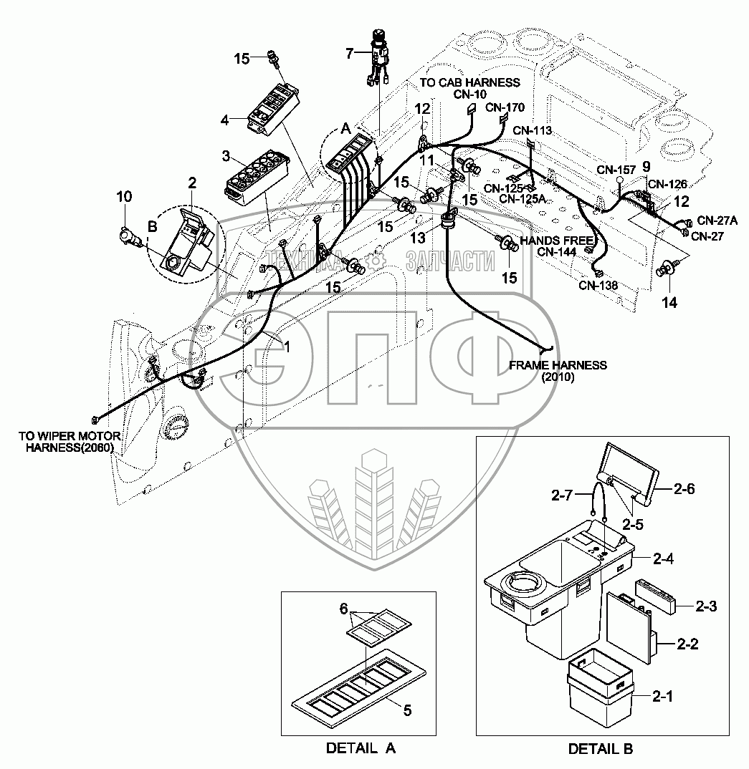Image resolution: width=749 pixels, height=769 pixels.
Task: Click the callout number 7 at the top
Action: point(350,53)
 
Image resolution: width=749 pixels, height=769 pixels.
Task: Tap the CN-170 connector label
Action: point(505,107)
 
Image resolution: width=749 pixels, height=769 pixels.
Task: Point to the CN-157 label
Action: point(616,170)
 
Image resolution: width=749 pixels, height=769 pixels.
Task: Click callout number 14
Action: point(669,303)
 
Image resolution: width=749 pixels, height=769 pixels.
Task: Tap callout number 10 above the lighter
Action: point(124,197)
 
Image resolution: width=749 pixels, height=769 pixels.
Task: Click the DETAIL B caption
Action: point(601,749)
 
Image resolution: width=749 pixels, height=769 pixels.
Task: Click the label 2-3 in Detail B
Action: point(706,606)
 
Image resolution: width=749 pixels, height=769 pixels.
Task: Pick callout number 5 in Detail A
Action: point(406,711)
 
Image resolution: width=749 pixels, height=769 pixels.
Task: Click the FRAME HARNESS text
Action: point(558,365)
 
